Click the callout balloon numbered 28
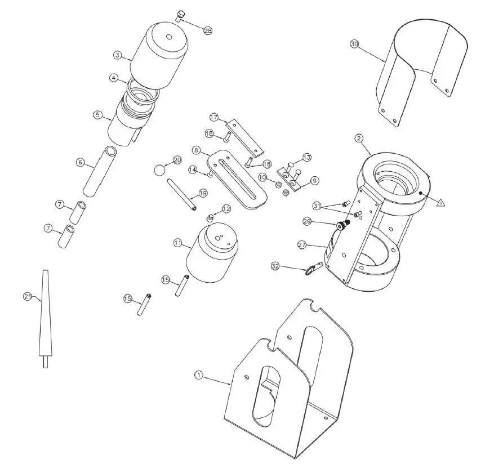[208, 32]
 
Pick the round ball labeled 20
[161, 169]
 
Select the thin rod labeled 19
[181, 194]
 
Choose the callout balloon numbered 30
[354, 43]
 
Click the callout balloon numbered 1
[198, 374]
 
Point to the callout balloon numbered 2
[358, 139]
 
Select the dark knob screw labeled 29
[342, 226]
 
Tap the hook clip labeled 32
[311, 270]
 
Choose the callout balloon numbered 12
[226, 209]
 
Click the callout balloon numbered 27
[302, 244]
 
